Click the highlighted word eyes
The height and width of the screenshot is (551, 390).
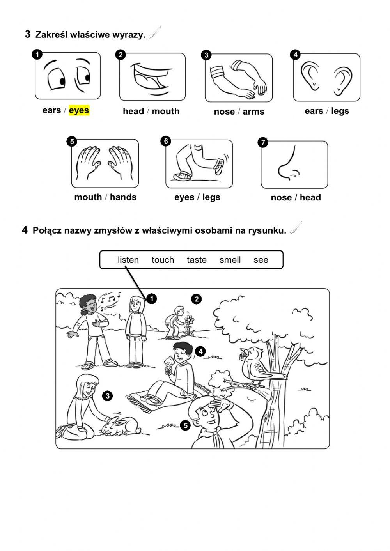click(79, 110)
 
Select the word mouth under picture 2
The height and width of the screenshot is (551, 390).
click(166, 111)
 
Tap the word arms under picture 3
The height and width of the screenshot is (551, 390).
click(253, 112)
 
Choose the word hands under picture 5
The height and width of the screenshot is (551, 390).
click(123, 197)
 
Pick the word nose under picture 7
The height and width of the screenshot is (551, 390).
click(281, 198)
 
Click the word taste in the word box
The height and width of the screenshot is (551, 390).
click(197, 260)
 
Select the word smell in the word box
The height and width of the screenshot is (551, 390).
click(230, 260)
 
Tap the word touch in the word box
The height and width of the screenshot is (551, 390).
click(163, 260)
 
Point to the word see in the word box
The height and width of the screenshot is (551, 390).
click(261, 260)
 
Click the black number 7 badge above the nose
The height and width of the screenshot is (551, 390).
click(263, 142)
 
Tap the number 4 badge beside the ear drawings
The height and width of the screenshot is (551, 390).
click(296, 55)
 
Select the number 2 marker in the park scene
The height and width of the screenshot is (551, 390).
click(196, 299)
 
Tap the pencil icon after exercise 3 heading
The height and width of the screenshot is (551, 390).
click(155, 32)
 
